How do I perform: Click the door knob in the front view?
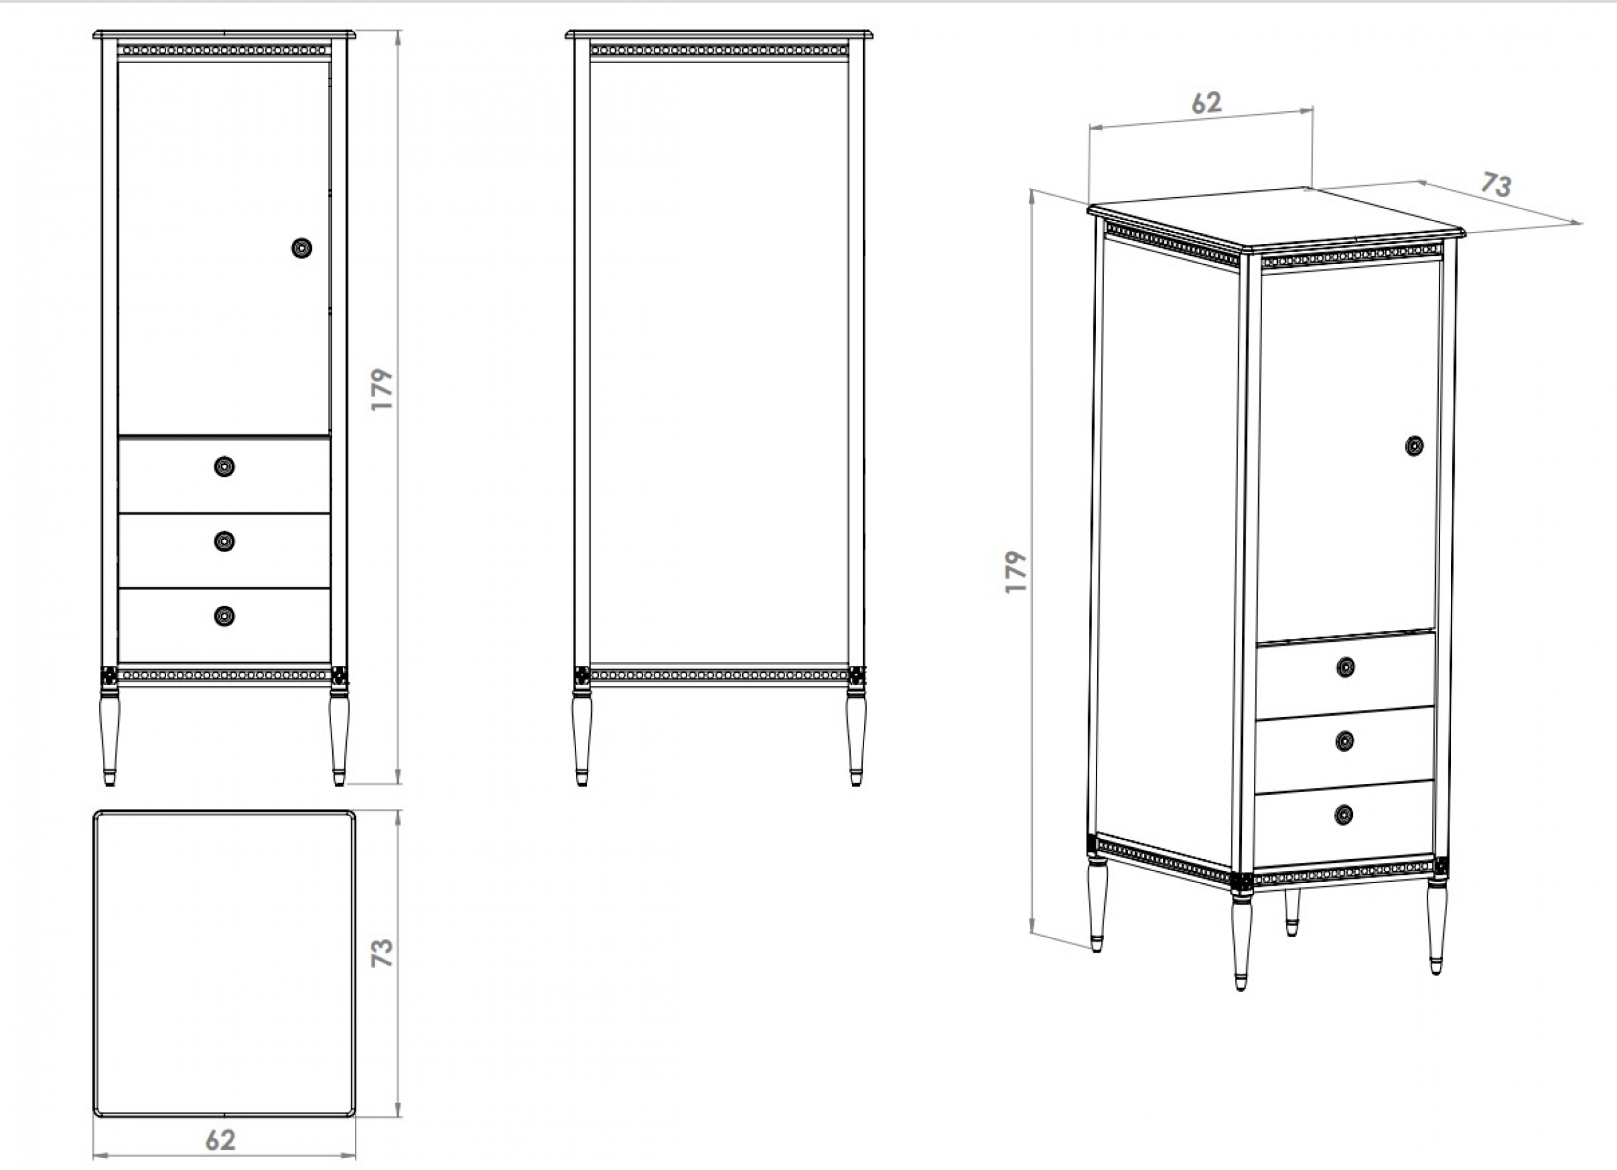coord(301,248)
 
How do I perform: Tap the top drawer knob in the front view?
coord(225,466)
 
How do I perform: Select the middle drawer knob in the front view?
coord(225,541)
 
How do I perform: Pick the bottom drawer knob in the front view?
coord(225,616)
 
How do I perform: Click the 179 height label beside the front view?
coord(382,389)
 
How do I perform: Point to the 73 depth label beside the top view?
coord(382,953)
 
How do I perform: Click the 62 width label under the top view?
coord(220,1140)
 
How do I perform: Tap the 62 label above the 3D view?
coord(1206,103)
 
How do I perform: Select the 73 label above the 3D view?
coord(1496,184)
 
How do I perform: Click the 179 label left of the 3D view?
coord(1016,571)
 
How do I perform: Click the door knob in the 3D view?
coord(1414,445)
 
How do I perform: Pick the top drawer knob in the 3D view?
coord(1345,666)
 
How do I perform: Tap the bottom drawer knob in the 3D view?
coord(1343,814)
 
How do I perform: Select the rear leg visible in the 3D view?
coord(1292,912)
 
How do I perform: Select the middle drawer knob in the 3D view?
coord(1345,742)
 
